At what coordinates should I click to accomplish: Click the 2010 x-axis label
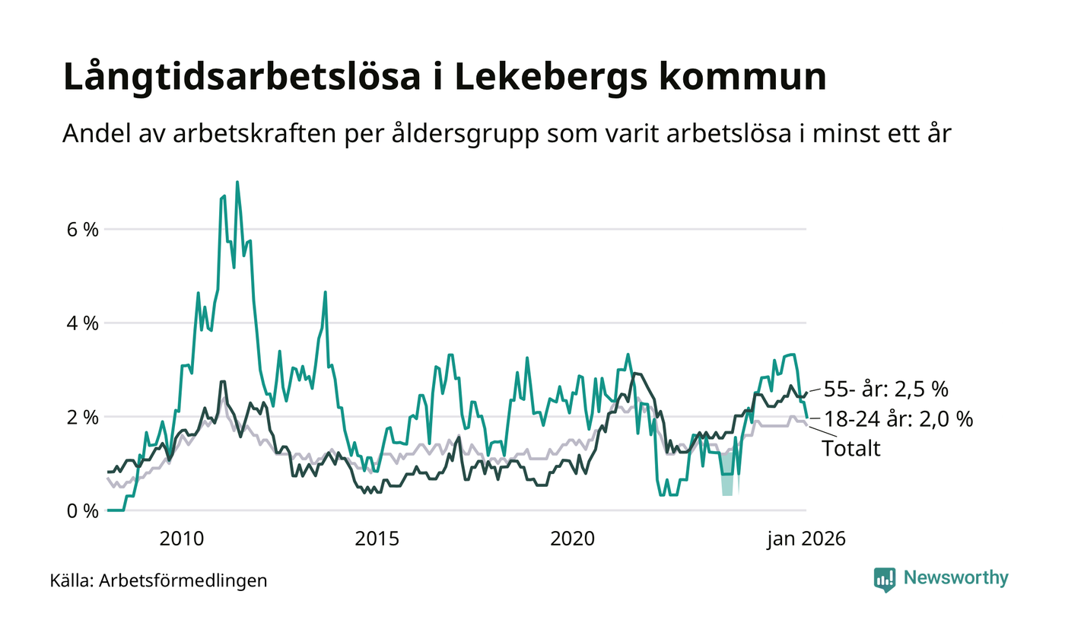(x=182, y=539)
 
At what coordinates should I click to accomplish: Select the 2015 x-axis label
(x=377, y=539)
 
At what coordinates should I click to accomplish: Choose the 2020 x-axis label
(x=571, y=539)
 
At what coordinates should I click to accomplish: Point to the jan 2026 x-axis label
(x=806, y=539)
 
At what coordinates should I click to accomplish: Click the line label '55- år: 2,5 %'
(x=886, y=389)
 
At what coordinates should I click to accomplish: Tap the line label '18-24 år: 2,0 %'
(x=898, y=418)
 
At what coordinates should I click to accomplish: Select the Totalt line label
(x=850, y=448)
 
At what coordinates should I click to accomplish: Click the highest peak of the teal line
(x=237, y=183)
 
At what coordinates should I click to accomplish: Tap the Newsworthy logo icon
(x=885, y=579)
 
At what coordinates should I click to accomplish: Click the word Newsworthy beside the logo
(x=955, y=578)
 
